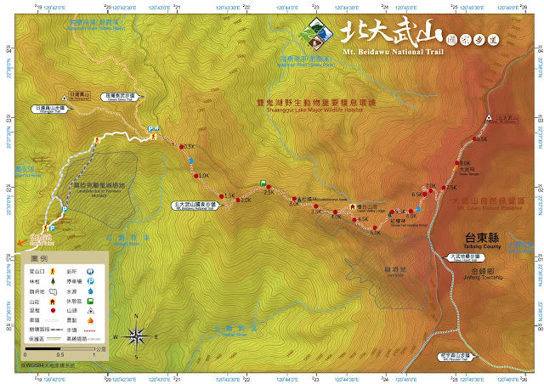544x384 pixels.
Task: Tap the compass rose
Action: [x=137, y=336]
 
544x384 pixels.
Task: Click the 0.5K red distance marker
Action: [x=183, y=146]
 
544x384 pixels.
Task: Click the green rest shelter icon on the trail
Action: [x=263, y=183]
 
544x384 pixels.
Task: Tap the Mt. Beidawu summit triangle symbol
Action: [x=489, y=117]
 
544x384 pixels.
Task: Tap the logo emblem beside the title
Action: [x=315, y=32]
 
